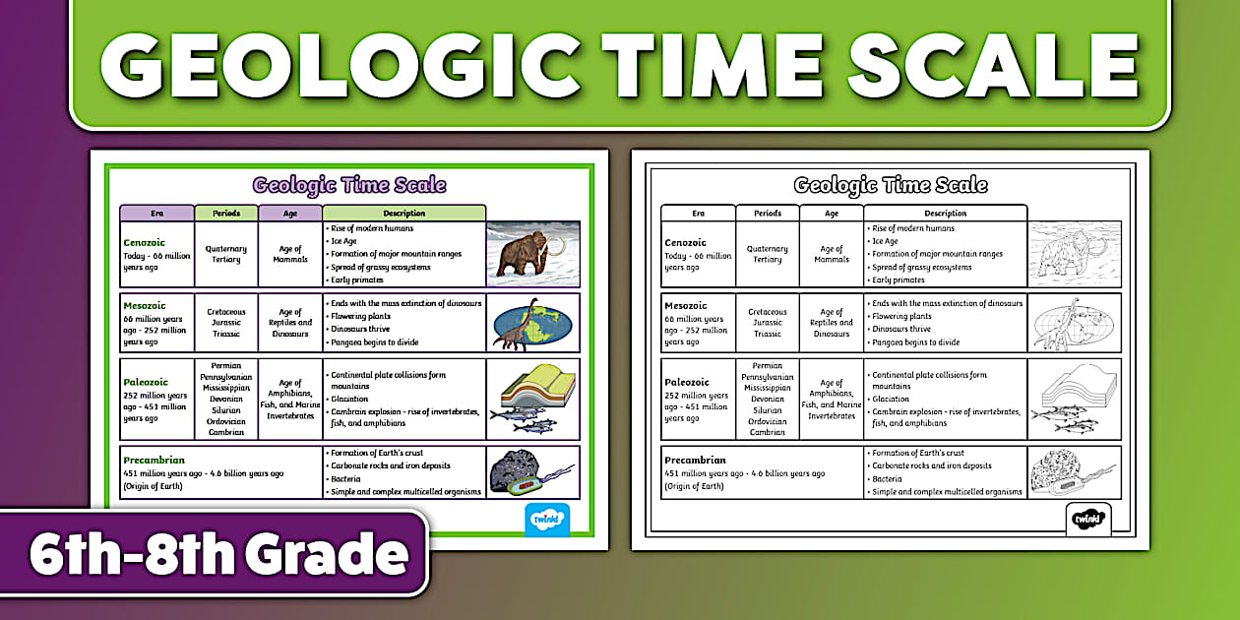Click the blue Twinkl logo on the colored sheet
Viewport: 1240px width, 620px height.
pyautogui.click(x=547, y=520)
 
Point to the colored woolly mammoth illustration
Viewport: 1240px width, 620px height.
pyautogui.click(x=532, y=254)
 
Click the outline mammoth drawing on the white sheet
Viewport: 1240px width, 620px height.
pyautogui.click(x=1074, y=254)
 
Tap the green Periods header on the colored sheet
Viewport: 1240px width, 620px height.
pyautogui.click(x=225, y=213)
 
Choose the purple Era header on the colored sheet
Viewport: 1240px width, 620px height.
pyautogui.click(x=156, y=213)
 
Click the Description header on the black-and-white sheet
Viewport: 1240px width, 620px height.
pyautogui.click(x=945, y=213)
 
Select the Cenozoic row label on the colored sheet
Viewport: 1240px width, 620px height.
pyautogui.click(x=145, y=241)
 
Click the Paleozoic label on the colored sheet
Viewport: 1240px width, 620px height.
pyautogui.click(x=146, y=382)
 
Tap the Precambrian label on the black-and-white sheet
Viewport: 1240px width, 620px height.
pyautogui.click(x=695, y=460)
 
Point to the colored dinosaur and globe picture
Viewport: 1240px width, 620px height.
pyautogui.click(x=532, y=323)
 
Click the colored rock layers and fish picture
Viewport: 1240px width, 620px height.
pyautogui.click(x=532, y=399)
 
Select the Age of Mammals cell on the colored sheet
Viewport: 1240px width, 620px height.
pyautogui.click(x=290, y=254)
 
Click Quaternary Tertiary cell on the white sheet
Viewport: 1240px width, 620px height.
pyautogui.click(x=768, y=254)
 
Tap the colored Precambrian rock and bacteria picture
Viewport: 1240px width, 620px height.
pyautogui.click(x=532, y=472)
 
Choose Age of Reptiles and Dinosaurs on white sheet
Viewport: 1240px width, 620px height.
pyautogui.click(x=832, y=323)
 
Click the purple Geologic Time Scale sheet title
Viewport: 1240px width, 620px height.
pyautogui.click(x=349, y=185)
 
